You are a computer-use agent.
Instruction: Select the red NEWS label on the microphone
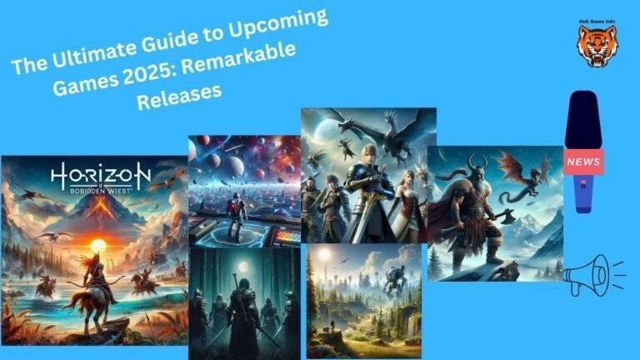[x=584, y=160]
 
